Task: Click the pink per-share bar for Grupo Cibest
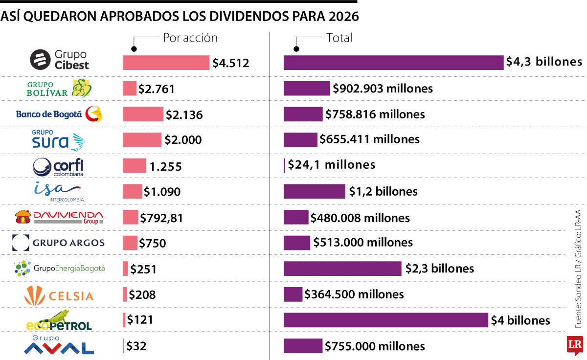click(166, 63)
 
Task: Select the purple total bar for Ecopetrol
click(386, 320)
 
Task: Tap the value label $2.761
click(156, 89)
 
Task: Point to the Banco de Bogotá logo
click(59, 114)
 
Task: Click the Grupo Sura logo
click(59, 140)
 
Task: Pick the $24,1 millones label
click(331, 165)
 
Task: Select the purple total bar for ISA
click(315, 191)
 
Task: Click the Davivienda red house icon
click(23, 217)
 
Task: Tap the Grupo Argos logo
click(59, 243)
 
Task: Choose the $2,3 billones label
click(439, 269)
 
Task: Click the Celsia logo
click(59, 295)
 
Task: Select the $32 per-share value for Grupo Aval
click(136, 346)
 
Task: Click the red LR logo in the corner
click(574, 345)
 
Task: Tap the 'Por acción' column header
click(190, 38)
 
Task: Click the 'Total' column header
click(339, 38)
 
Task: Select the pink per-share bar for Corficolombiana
click(135, 165)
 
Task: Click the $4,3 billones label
click(544, 62)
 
